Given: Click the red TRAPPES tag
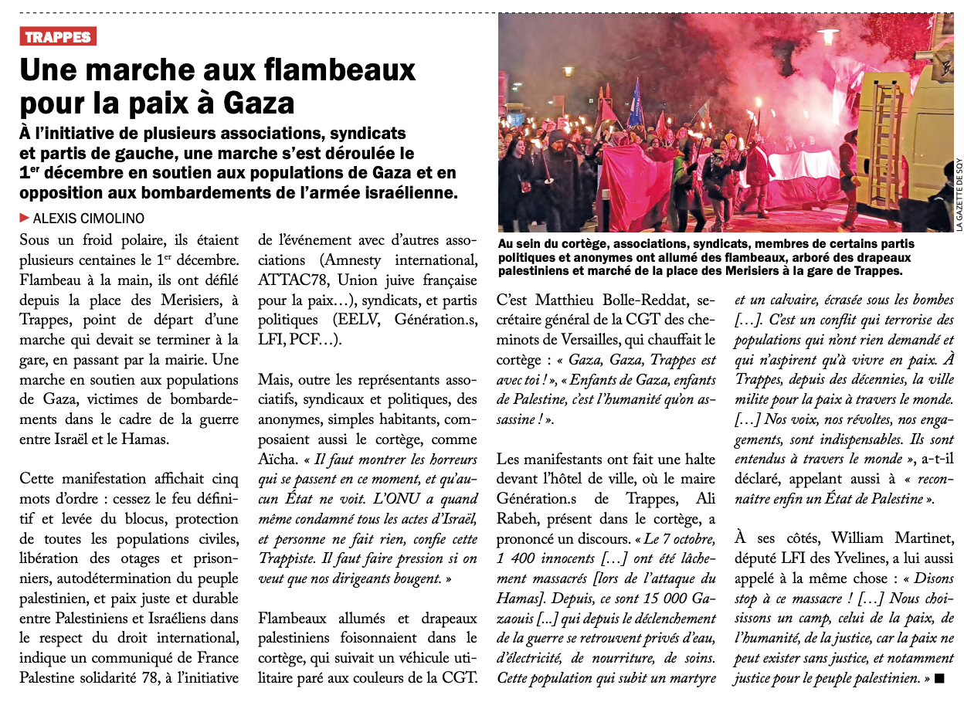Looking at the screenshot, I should [58, 36].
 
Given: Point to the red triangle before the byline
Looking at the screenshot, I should [25, 218].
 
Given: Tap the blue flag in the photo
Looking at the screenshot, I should [636, 104].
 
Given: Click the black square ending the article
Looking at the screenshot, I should [939, 678].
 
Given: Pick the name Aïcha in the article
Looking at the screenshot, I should [277, 459].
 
